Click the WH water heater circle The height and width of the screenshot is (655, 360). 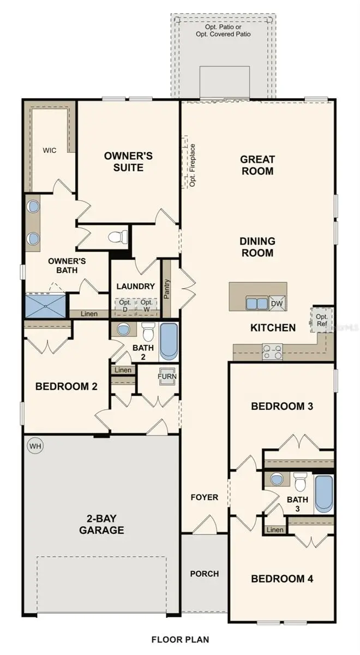35,446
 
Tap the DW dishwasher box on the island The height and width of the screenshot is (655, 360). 277,303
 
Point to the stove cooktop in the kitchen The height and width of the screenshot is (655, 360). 272,352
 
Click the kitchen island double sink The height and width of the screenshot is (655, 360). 256,303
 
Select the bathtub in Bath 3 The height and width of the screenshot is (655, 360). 323,494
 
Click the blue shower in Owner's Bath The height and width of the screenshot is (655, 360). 45,306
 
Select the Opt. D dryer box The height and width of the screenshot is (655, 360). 125,306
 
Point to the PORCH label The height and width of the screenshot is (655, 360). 205,574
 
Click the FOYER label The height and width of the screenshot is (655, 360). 205,497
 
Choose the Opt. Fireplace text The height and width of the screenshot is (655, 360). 192,165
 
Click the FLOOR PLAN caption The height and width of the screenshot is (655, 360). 180,639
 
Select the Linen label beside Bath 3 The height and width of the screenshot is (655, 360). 275,530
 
